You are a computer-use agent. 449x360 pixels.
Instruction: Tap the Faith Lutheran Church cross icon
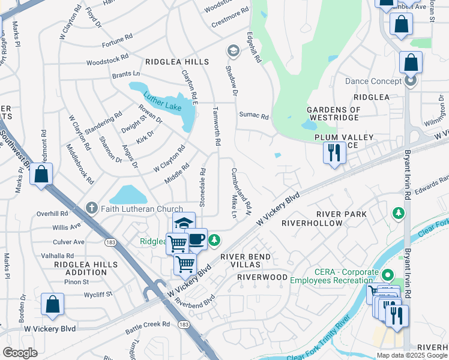point(91,208)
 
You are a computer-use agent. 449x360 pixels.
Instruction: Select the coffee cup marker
point(196,239)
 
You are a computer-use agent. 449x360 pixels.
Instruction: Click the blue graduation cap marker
point(184,223)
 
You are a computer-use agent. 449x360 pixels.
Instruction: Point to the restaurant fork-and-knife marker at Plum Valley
point(334,152)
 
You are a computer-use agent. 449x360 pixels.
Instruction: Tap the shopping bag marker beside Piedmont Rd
point(41,175)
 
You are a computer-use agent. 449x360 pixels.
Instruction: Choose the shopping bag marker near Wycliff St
point(52,304)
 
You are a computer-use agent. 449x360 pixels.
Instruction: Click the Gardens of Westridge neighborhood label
point(334,114)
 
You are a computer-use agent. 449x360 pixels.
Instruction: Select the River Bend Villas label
point(246,261)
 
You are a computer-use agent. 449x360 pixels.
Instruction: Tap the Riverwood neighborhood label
point(262,277)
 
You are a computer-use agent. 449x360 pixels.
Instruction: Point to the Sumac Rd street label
point(253,115)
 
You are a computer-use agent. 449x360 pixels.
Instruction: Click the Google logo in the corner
point(20,353)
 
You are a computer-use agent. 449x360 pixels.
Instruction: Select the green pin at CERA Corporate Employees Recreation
point(388,275)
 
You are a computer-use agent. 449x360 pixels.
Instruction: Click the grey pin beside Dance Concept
point(411,80)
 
